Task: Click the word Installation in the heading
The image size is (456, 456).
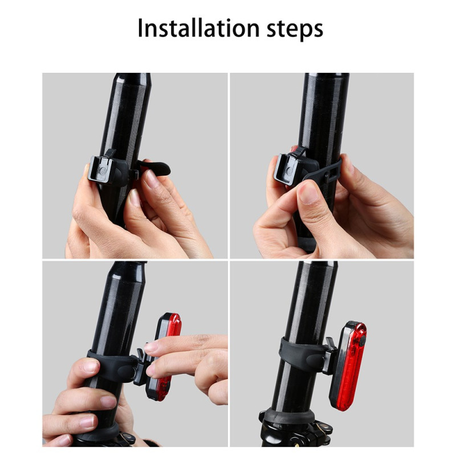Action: [x=198, y=28]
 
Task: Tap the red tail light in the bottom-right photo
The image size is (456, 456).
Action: [x=349, y=365]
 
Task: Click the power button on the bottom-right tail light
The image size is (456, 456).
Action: [x=362, y=340]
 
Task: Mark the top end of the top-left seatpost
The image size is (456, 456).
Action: [x=133, y=75]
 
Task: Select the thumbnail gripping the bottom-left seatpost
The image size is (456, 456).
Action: [x=89, y=366]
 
